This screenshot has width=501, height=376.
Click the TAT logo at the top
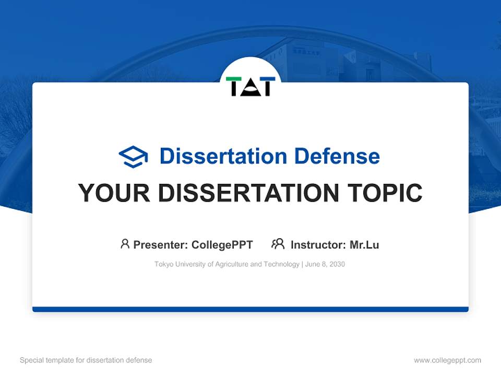coord(250,86)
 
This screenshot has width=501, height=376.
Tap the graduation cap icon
coord(133,157)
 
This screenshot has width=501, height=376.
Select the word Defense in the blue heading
coord(337,156)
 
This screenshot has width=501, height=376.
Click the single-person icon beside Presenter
coord(125,244)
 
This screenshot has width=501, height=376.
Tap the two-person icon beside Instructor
coord(278,244)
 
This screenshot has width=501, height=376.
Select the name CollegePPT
coord(222,245)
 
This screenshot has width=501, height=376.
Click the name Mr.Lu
coord(364,245)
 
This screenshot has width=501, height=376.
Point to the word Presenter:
coord(161,245)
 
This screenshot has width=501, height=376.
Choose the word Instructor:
coord(318,245)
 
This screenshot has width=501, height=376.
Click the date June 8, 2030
coord(325,264)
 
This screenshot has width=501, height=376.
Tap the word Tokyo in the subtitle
coord(163,264)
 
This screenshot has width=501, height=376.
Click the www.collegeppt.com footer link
coord(447,360)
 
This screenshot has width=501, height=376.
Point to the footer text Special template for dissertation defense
coord(86,360)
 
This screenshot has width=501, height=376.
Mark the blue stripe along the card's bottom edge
coord(250,309)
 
